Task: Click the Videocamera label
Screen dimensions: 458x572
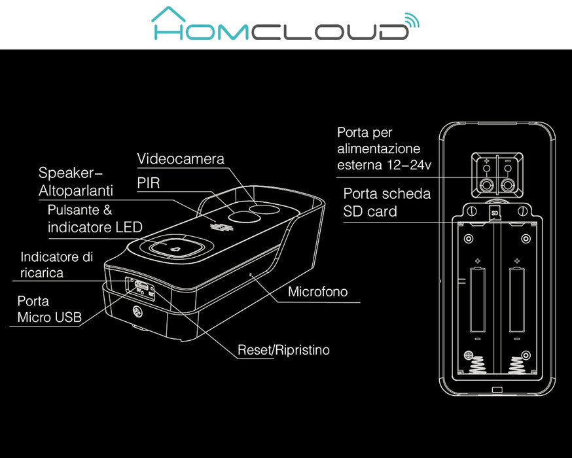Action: click(181, 159)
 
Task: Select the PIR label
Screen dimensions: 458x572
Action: click(148, 184)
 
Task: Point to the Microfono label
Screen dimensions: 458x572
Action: click(318, 292)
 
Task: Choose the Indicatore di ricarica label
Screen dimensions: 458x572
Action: click(56, 264)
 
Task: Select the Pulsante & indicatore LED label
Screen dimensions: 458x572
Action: click(95, 219)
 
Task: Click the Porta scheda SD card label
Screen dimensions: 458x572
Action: click(387, 203)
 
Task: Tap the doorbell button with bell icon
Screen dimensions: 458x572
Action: click(175, 248)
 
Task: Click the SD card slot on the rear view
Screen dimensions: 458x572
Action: click(495, 212)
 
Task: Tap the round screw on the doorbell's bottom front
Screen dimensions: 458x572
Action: click(138, 313)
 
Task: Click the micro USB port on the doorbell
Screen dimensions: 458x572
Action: click(139, 286)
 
